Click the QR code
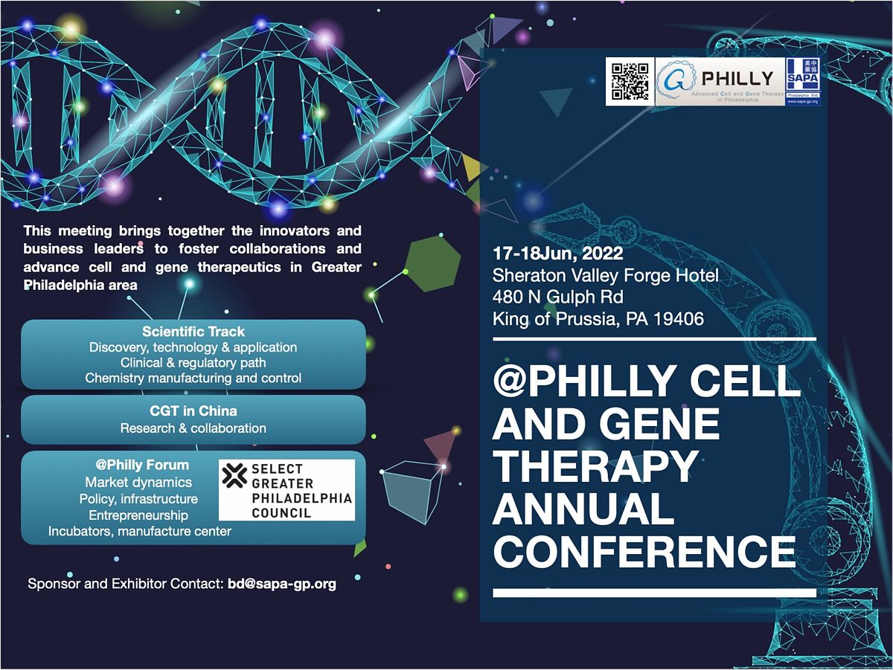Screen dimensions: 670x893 pos(629,82)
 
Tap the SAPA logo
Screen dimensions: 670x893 pos(803,81)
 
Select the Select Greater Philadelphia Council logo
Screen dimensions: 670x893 pos(287,490)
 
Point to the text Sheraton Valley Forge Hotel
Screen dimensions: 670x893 pos(605,276)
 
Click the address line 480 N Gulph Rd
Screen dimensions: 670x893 pos(557,297)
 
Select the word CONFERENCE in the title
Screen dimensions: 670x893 pos(644,552)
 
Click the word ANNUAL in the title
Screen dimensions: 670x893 pos(583,509)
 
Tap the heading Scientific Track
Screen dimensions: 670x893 pos(193,332)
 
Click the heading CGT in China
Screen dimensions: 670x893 pos(193,410)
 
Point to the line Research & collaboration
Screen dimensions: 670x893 pos(193,428)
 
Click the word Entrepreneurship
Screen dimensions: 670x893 pos(138,515)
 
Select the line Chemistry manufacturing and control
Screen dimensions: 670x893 pos(193,378)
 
